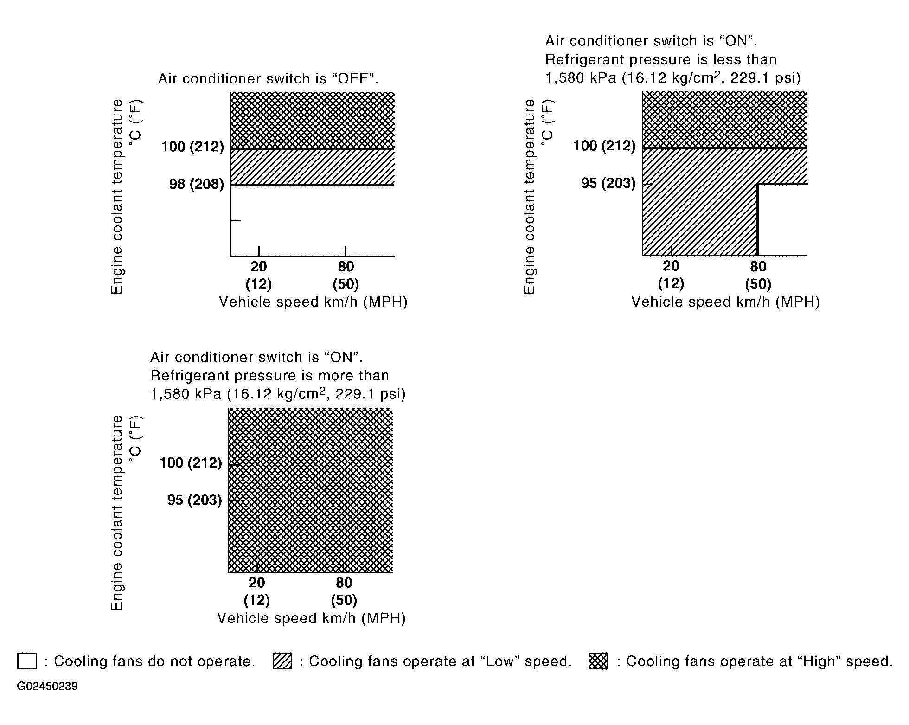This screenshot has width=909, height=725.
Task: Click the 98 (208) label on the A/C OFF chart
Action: click(196, 184)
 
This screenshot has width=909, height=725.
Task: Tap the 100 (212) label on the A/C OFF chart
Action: click(192, 147)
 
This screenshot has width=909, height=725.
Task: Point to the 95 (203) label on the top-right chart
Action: click(608, 183)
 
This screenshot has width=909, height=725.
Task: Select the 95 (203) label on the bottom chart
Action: click(194, 500)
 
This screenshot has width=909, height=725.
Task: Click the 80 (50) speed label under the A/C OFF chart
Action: click(346, 275)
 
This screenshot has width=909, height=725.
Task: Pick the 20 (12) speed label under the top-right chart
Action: click(671, 274)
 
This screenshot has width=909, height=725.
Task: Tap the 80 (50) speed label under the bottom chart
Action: click(344, 591)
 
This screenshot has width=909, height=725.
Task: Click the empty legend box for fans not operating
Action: click(27, 661)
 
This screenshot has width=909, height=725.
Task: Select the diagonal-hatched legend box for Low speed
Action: click(282, 661)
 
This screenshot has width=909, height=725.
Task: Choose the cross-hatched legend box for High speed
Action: click(598, 661)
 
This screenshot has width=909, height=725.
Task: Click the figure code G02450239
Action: click(47, 686)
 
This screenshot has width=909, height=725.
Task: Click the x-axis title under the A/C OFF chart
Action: click(313, 302)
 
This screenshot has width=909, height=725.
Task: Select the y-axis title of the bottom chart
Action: click(118, 513)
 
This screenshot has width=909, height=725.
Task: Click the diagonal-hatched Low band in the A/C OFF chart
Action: click(312, 167)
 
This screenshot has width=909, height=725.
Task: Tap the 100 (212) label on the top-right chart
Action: click(604, 146)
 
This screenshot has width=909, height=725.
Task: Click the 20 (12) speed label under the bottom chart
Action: click(257, 591)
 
